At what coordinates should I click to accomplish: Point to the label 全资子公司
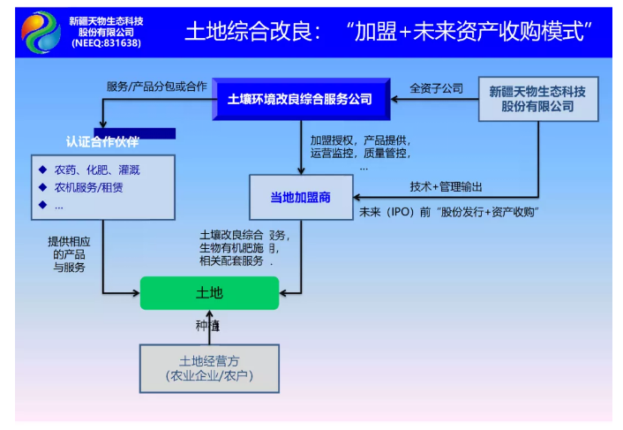click(x=436, y=88)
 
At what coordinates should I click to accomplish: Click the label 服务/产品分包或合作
click(x=156, y=87)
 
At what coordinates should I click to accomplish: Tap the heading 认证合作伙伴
click(x=102, y=142)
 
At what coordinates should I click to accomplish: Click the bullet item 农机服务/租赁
click(x=88, y=187)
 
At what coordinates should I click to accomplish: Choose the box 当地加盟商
click(x=300, y=198)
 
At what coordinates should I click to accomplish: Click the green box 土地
click(x=209, y=293)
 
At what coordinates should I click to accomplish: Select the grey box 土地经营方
click(x=209, y=368)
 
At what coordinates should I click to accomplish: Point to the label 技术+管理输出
click(x=446, y=186)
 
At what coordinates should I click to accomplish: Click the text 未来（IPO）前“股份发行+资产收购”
click(x=449, y=213)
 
